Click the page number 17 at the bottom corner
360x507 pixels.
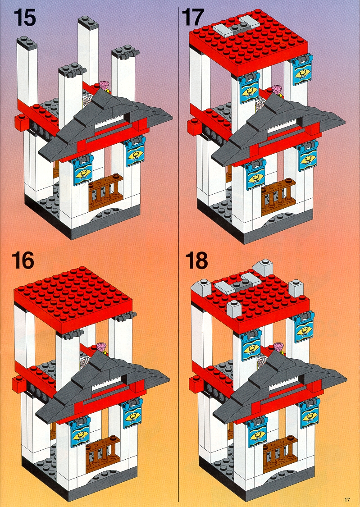click(x=347, y=499)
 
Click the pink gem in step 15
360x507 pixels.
click(x=105, y=85)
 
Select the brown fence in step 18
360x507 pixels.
click(x=279, y=451)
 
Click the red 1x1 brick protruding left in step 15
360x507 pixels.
click(x=20, y=123)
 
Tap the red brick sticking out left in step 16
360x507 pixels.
click(x=18, y=384)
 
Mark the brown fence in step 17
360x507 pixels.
click(x=278, y=196)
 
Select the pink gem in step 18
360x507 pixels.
click(x=279, y=347)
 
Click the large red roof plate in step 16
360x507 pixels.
click(x=73, y=299)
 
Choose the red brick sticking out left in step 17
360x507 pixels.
click(x=193, y=126)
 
